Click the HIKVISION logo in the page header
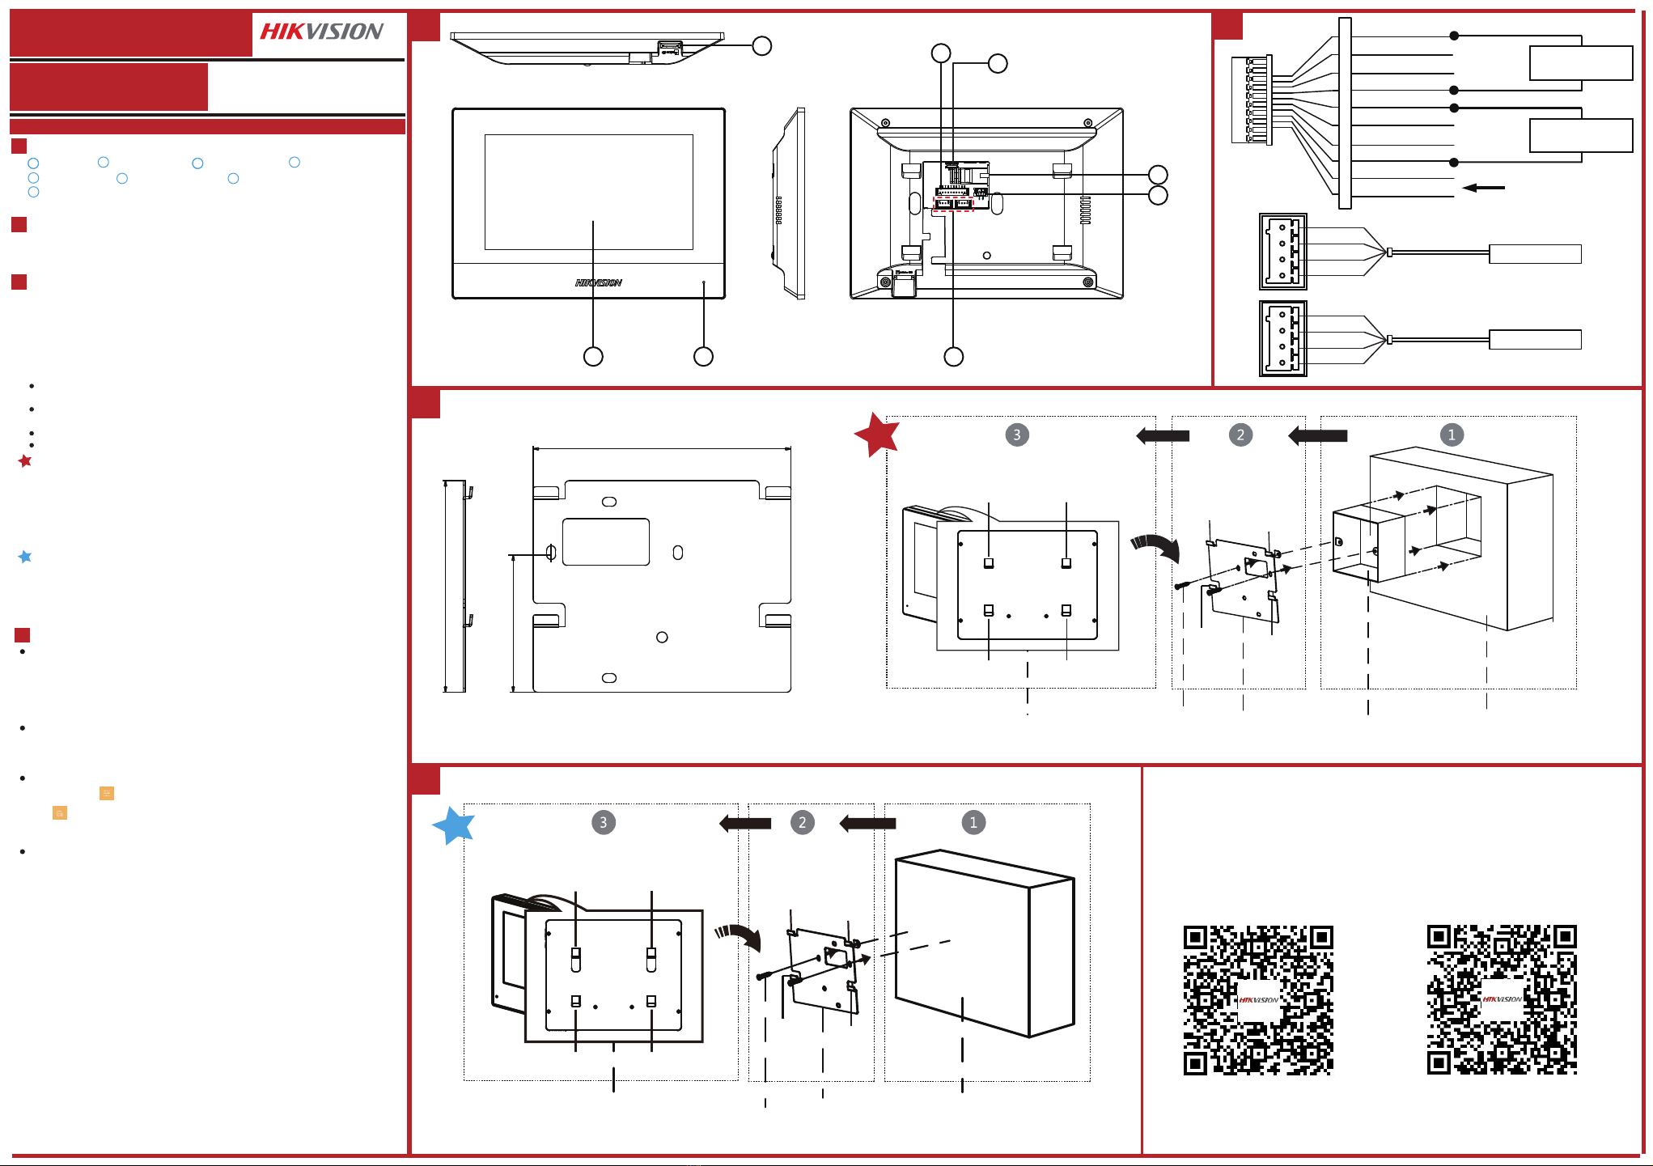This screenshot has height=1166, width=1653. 321,32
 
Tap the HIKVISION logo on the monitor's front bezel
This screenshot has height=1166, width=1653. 599,282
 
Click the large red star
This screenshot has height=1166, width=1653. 877,435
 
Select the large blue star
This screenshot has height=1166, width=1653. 454,825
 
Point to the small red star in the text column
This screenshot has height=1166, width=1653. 25,460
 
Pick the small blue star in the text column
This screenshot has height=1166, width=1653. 25,557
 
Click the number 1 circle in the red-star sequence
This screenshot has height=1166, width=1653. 1452,435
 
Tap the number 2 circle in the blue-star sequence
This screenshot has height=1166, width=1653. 802,823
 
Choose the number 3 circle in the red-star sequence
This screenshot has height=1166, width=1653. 1017,435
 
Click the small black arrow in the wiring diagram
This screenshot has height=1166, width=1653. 1484,188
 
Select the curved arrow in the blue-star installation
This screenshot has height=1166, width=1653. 739,937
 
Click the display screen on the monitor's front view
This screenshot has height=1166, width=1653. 588,192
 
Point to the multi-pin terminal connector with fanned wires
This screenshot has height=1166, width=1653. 1252,100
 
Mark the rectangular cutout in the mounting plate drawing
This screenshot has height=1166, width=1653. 606,541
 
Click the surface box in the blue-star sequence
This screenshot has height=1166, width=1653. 985,943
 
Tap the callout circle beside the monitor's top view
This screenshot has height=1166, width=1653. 761,45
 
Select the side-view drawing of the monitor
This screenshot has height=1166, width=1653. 788,204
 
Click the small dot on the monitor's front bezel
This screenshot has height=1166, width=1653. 704,282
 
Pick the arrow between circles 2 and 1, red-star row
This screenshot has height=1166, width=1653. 1317,435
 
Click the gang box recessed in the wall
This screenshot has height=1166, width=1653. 1408,534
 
